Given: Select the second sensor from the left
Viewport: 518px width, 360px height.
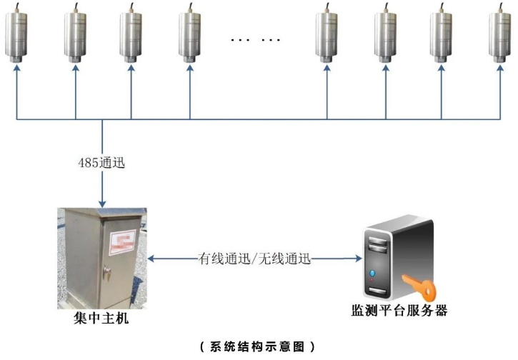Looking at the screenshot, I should click(x=76, y=34).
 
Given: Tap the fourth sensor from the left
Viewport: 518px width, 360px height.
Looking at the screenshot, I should click(x=190, y=34).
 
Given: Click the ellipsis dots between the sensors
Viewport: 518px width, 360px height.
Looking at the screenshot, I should click(x=256, y=39).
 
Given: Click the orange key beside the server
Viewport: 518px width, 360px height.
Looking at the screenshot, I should click(x=422, y=284).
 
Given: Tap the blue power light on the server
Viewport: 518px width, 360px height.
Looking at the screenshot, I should click(x=372, y=274).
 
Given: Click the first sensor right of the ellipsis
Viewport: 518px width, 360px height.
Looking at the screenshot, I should click(x=327, y=34).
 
